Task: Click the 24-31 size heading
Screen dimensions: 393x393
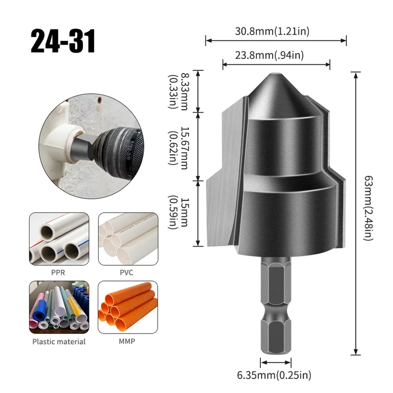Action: coord(62,41)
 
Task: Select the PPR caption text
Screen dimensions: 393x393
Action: coord(58,272)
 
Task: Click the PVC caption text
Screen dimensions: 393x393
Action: coord(126,272)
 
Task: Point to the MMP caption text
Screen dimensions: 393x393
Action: coord(126,341)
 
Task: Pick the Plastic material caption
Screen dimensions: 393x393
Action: coord(59,341)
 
